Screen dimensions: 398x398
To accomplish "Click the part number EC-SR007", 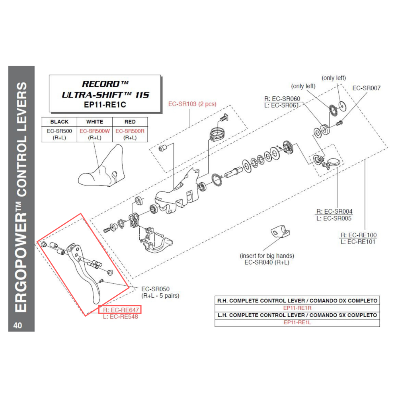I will (x=367, y=88).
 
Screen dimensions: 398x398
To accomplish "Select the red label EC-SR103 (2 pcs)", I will (x=192, y=104).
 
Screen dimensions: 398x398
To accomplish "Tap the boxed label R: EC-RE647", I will (x=120, y=310).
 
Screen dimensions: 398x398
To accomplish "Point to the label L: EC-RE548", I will (x=120, y=317).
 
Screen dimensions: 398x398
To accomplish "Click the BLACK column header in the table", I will (x=59, y=122).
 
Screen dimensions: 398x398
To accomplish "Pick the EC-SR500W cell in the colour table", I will (x=95, y=131).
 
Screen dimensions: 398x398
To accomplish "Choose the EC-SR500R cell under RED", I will (x=130, y=131).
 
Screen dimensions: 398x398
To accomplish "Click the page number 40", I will (x=18, y=325).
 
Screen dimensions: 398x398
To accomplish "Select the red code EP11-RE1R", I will (x=297, y=308).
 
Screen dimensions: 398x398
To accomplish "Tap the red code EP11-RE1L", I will (x=297, y=322).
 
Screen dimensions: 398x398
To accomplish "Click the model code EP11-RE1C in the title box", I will (x=105, y=105).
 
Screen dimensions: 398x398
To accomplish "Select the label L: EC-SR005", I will (x=334, y=218).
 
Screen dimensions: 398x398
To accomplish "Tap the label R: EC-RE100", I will (x=359, y=235).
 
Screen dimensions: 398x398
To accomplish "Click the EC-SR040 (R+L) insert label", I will (x=267, y=263).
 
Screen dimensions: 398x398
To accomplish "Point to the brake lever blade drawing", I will (x=88, y=275).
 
